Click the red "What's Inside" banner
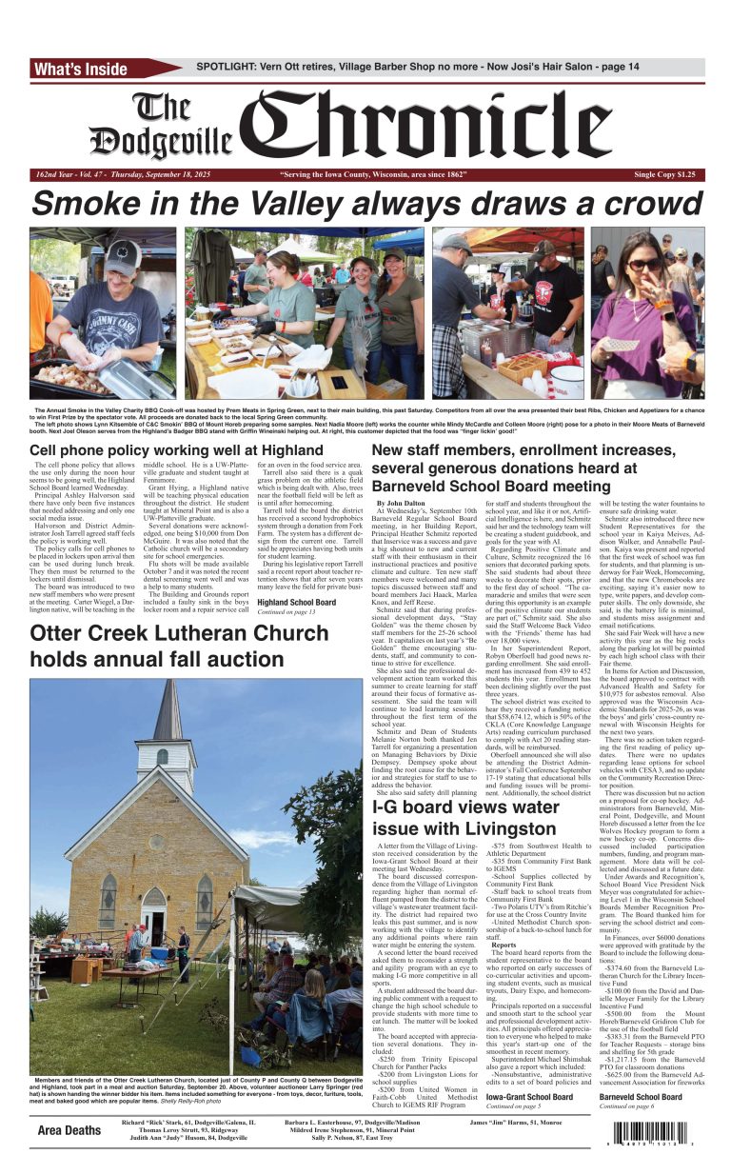coord(81,69)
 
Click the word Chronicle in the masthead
coord(471,127)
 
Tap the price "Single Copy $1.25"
coord(664,175)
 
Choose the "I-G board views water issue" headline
coord(465,818)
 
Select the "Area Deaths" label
coord(69,1130)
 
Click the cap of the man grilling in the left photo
coord(122,257)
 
